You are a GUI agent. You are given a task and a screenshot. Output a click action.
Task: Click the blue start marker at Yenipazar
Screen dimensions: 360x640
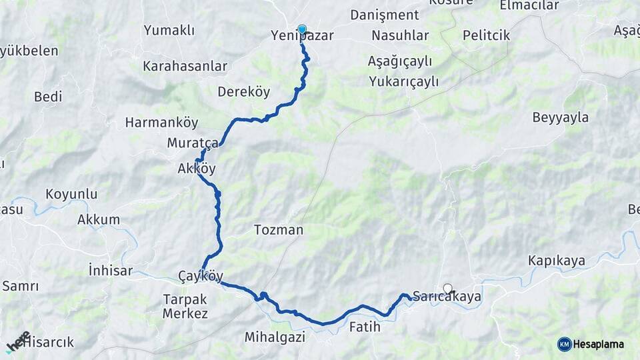click(302, 29)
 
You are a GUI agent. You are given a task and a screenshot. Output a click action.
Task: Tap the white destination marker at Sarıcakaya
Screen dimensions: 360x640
click(447, 289)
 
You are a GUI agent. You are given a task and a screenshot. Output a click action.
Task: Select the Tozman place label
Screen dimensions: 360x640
click(279, 230)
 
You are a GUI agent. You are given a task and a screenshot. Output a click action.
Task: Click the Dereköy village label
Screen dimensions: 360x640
click(243, 91)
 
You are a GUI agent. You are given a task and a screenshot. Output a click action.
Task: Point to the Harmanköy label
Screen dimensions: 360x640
click(162, 123)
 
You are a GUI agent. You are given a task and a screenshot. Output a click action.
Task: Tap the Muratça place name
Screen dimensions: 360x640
click(193, 143)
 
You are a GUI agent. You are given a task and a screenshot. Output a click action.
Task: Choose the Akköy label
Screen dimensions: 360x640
click(197, 169)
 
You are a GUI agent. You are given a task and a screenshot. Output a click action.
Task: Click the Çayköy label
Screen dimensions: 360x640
click(201, 276)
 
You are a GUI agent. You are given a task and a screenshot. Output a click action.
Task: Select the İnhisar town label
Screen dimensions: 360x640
click(111, 271)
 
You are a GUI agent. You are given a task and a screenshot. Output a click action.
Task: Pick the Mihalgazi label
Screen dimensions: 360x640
click(275, 337)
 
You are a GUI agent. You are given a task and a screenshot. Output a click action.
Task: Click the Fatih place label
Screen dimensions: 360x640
click(365, 327)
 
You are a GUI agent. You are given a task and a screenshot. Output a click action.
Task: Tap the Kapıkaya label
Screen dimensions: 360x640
click(557, 260)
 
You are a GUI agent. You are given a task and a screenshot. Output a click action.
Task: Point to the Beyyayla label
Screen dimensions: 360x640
click(561, 118)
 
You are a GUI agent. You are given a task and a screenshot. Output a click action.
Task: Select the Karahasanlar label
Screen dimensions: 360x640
click(185, 67)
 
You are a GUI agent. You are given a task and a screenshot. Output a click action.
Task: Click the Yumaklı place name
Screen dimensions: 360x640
click(169, 31)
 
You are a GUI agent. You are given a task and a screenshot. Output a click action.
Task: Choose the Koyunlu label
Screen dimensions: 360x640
click(71, 195)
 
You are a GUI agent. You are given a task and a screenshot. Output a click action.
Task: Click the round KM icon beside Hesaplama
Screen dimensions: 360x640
click(565, 344)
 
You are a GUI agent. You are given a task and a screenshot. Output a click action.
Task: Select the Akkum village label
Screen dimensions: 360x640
click(99, 219)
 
